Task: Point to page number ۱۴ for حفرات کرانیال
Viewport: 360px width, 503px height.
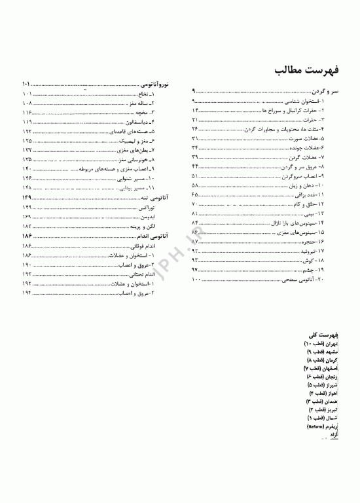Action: click(x=194, y=112)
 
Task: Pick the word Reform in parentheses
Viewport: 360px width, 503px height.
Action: click(x=315, y=426)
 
